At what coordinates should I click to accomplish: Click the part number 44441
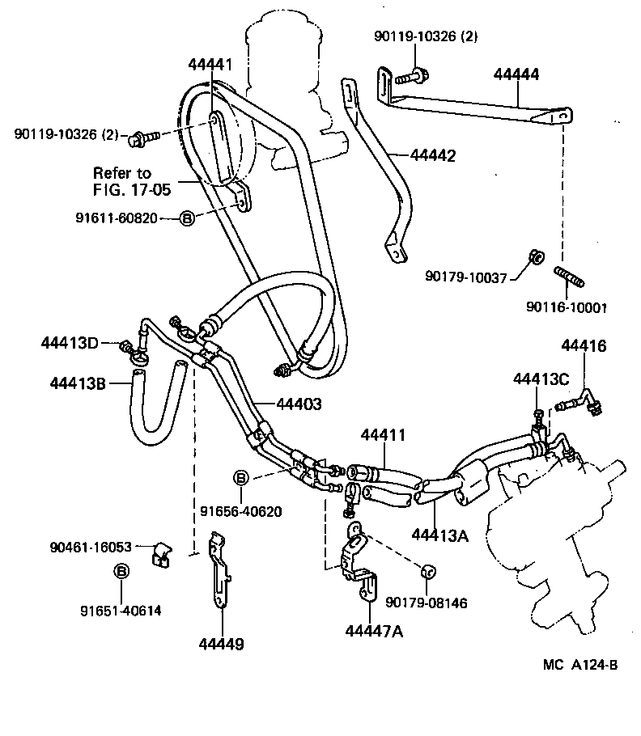[x=210, y=64]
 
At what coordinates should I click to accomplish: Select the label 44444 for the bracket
[x=517, y=74]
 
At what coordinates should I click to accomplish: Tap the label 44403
[x=299, y=402]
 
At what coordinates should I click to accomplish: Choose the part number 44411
[x=381, y=436]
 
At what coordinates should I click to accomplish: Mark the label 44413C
[x=541, y=378]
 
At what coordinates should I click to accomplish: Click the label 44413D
[x=70, y=343]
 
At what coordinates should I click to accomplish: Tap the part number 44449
[x=221, y=644]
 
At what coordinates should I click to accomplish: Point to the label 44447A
[x=372, y=631]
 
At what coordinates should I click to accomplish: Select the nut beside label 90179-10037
[x=534, y=259]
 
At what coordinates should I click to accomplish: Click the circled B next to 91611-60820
[x=186, y=218]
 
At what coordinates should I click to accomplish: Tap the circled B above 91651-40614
[x=121, y=571]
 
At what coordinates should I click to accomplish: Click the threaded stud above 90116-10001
[x=570, y=280]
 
